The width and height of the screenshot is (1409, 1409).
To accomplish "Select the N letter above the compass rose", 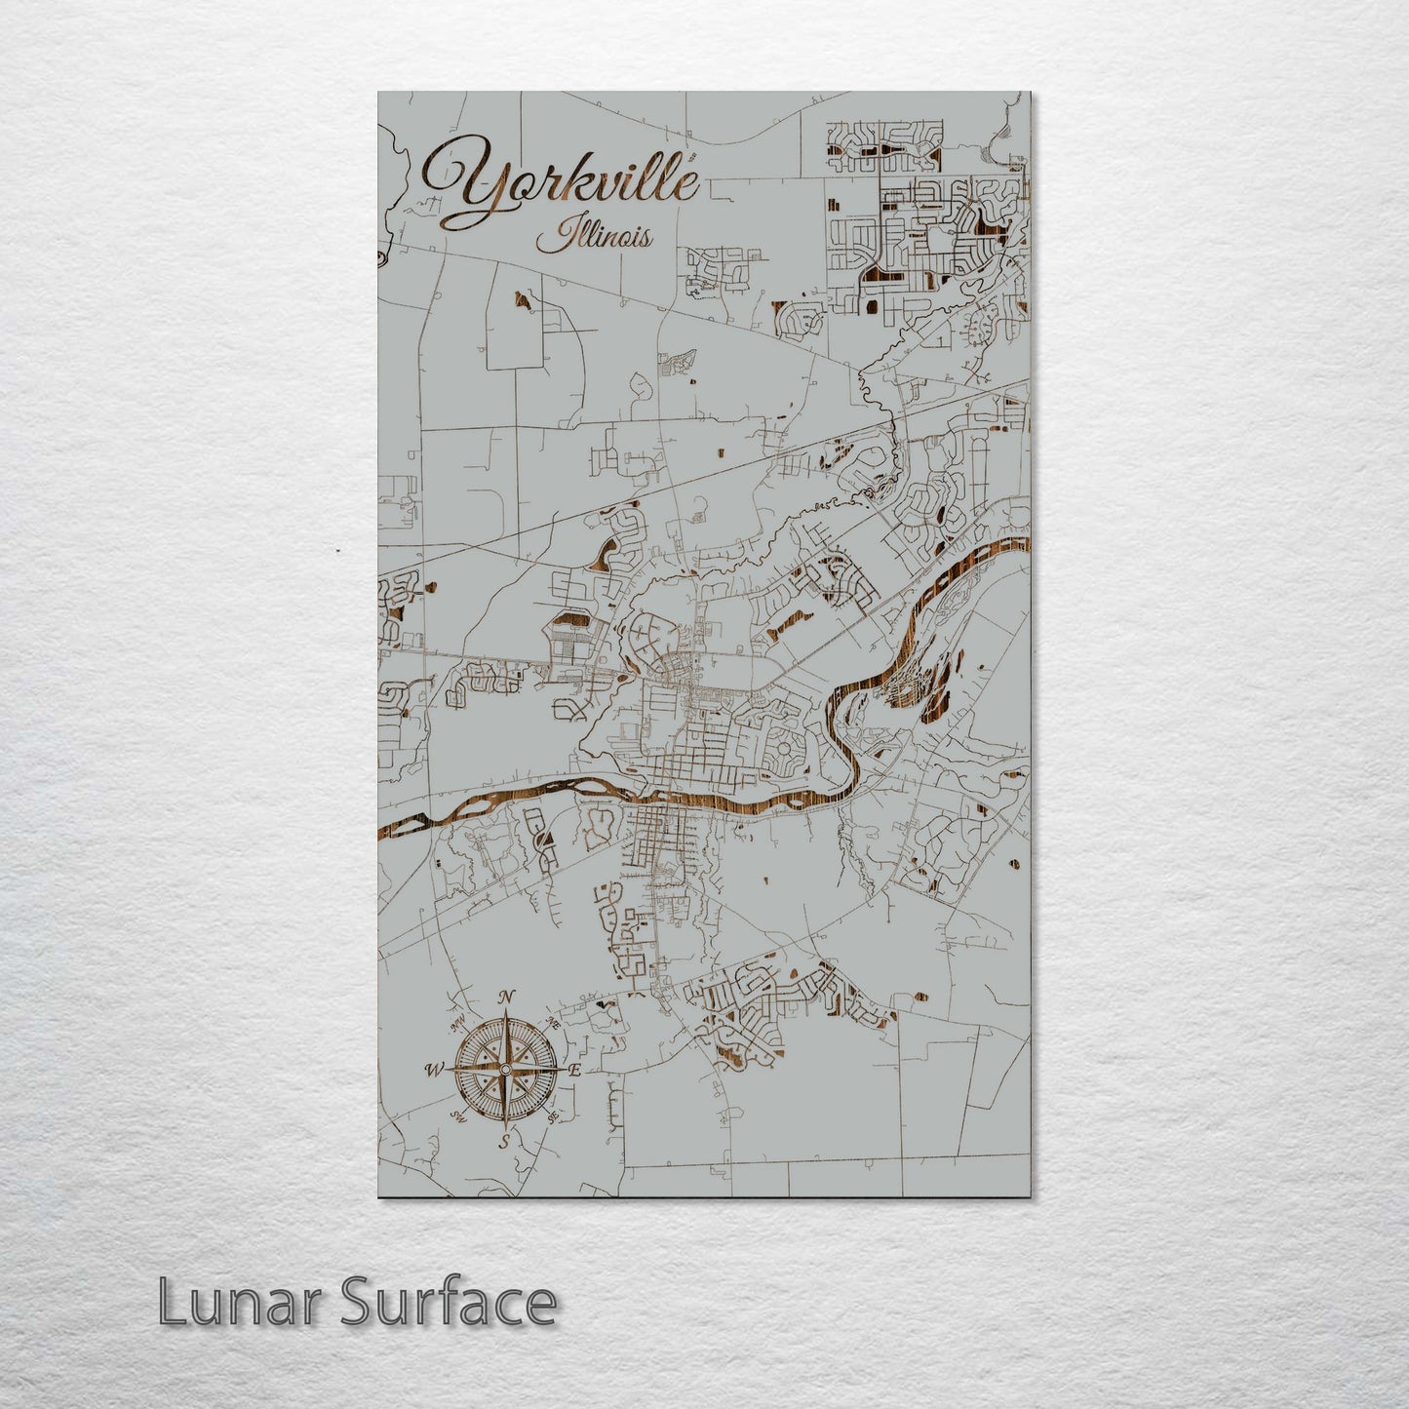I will pyautogui.click(x=506, y=997).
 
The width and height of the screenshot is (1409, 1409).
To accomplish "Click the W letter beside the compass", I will pyautogui.click(x=433, y=1070).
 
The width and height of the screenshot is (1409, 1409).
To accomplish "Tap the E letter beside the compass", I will pyautogui.click(x=575, y=1070).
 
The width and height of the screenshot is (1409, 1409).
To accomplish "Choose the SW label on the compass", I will pyautogui.click(x=456, y=1116).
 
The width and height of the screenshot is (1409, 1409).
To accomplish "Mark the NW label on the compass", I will pyautogui.click(x=455, y=1024).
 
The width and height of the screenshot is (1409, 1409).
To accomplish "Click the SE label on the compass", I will pyautogui.click(x=554, y=1115).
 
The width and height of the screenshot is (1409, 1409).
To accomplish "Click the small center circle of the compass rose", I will pyautogui.click(x=505, y=1070).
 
